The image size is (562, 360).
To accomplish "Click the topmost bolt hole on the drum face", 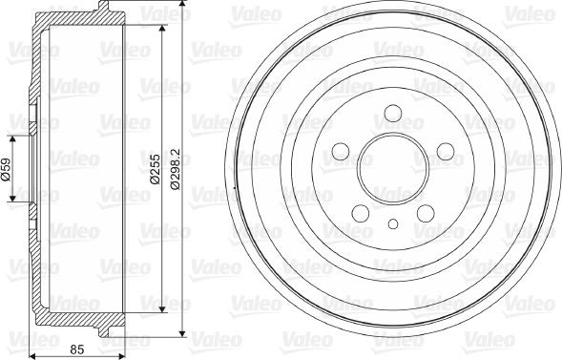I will click(392, 116).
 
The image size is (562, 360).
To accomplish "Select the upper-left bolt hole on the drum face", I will click(341, 153).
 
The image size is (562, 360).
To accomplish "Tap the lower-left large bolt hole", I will click(361, 213).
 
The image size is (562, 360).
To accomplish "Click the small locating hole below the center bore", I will click(392, 225).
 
